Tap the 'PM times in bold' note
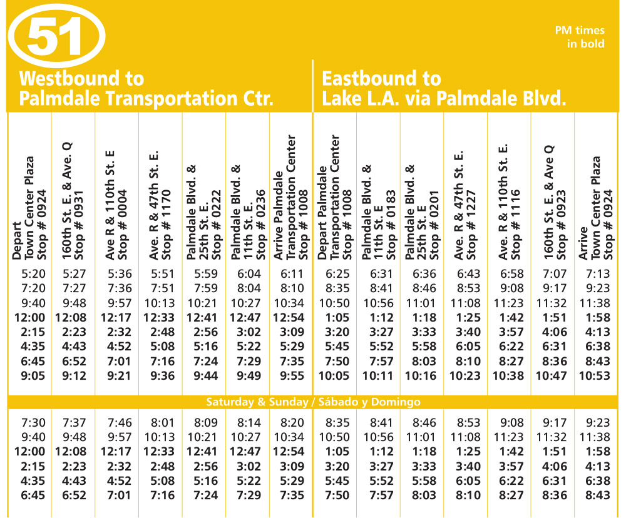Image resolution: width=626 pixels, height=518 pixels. click(580, 37)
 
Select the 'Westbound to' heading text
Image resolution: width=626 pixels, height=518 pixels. click(81, 79)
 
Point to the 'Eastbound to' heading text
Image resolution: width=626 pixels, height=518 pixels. click(381, 79)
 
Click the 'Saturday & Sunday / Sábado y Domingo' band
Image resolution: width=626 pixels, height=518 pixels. click(314, 402)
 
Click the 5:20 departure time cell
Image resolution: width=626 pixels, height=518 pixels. click(30, 273)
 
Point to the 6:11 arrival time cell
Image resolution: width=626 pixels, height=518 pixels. click(291, 273)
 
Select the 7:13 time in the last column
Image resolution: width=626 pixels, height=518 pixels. click(596, 273)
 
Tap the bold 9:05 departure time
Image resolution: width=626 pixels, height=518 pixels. click(30, 376)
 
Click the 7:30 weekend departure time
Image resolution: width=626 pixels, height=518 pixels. click(30, 422)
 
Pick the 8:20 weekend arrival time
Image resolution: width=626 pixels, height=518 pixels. click(291, 422)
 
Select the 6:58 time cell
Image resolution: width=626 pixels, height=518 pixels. click(508, 273)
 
